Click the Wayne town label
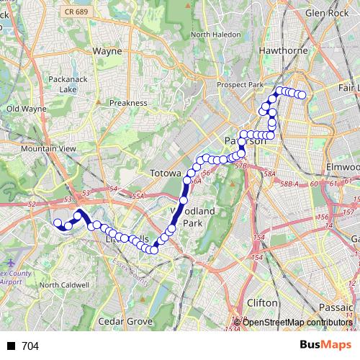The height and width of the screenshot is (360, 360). coord(107,51)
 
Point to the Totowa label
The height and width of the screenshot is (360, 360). coord(165,174)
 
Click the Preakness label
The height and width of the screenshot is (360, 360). coord(128,103)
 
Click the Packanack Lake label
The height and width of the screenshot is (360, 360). coord(68,84)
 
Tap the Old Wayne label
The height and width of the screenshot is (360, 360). coord(26,109)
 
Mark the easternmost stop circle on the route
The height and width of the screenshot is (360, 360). coord(302,95)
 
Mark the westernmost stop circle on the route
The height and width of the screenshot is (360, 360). coord(58,222)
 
